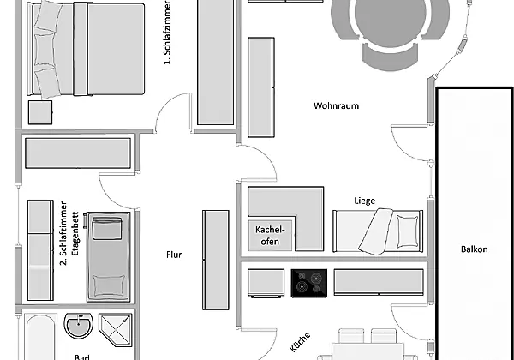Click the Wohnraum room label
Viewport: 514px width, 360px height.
(x=336, y=106)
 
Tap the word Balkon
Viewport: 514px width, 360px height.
(x=474, y=249)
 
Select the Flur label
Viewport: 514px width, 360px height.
(x=174, y=255)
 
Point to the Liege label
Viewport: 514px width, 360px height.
(x=365, y=201)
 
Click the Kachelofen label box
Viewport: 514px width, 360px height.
(x=270, y=236)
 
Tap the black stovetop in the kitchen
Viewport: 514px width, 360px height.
(x=309, y=283)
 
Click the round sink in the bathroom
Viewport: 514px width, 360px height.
(x=78, y=326)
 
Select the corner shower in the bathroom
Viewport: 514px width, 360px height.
(x=116, y=330)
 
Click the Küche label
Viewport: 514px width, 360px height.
(x=300, y=342)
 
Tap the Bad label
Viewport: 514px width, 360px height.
(x=82, y=357)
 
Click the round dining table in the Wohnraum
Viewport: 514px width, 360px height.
(x=390, y=15)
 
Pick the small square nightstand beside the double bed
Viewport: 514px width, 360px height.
(x=40, y=112)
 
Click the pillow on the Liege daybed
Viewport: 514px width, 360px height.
(x=408, y=231)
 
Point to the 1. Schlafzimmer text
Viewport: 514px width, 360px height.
(x=167, y=33)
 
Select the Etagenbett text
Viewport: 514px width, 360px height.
(x=75, y=233)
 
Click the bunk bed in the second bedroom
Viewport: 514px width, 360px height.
(x=108, y=257)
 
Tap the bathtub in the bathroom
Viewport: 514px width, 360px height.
(x=40, y=337)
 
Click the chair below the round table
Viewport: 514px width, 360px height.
(x=391, y=57)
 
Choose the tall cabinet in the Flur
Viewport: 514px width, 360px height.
(x=216, y=260)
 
